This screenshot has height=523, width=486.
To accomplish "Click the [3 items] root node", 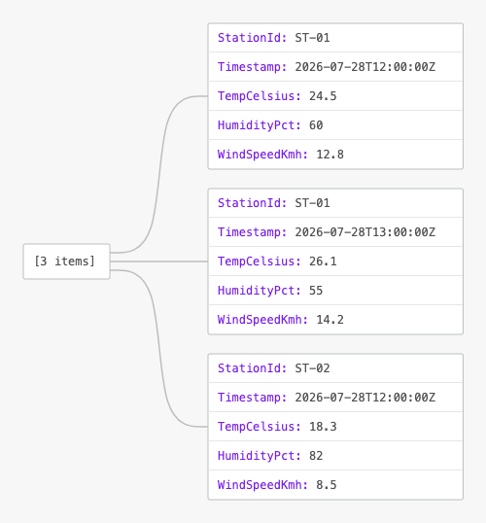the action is [x=66, y=261].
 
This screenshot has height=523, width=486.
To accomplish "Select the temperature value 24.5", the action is [x=323, y=96].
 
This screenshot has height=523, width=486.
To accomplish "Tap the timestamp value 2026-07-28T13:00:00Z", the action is [x=364, y=232].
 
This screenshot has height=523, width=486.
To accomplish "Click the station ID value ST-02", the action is [x=312, y=368].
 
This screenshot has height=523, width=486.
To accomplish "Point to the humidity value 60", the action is [x=316, y=125].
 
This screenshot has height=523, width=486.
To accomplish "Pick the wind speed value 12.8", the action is [x=330, y=155].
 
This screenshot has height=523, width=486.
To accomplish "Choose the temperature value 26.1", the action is [x=323, y=261].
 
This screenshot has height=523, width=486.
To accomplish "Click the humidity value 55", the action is [x=316, y=291].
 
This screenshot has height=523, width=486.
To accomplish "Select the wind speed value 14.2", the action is [x=330, y=320].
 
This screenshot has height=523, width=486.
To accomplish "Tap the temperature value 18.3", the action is [x=323, y=427].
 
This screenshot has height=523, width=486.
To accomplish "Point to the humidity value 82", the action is [x=316, y=456].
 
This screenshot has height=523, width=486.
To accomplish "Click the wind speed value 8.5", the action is [x=327, y=485].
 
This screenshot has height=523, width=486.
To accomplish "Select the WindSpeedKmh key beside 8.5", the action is [x=262, y=485].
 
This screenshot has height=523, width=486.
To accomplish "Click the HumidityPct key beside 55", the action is [x=260, y=291].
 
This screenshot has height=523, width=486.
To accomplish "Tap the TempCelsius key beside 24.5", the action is [x=260, y=96].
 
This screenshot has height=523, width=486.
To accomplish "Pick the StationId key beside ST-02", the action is [x=252, y=368].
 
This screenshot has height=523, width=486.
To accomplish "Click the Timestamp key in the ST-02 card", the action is [x=252, y=398].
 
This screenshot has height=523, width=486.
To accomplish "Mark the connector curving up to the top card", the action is [x=158, y=174].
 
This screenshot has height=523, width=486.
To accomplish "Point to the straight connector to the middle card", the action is [x=158, y=261].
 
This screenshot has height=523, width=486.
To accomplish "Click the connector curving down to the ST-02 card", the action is [x=158, y=349].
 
